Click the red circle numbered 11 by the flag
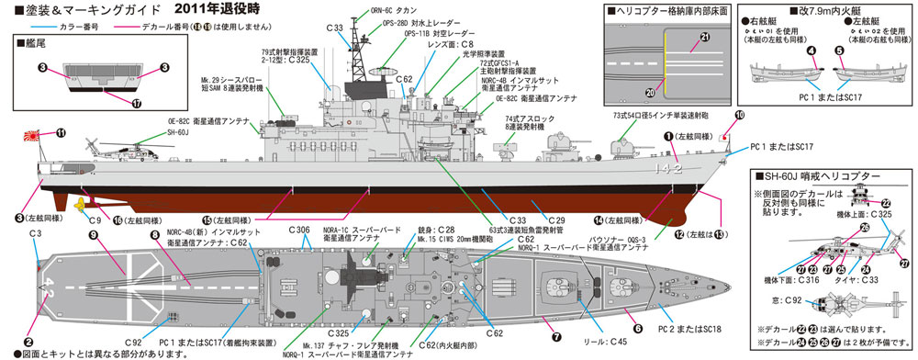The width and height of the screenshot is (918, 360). pyautogui.click(x=60, y=133)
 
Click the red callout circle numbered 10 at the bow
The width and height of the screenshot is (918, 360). pyautogui.click(x=740, y=115)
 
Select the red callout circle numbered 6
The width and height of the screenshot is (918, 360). pyautogui.click(x=637, y=326)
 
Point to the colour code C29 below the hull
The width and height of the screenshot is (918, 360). pyautogui.click(x=556, y=219)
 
